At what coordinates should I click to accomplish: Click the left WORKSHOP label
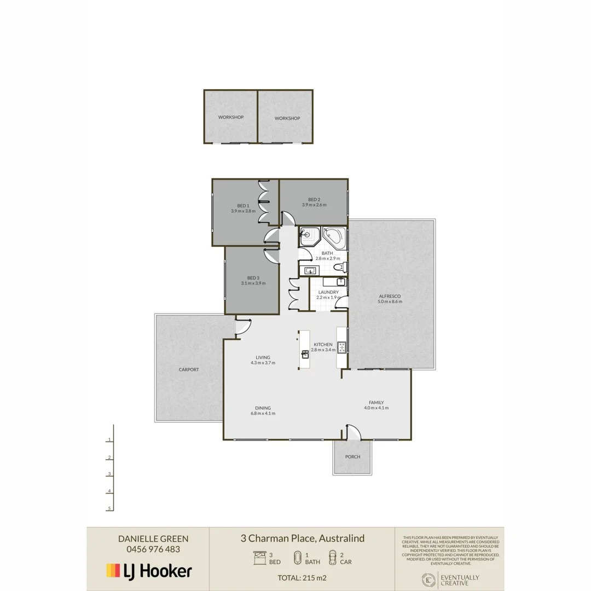pos(230,117)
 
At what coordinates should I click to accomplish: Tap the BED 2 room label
pos(314,199)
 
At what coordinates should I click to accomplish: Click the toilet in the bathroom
pos(339,267)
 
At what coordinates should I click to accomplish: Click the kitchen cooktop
pos(341,346)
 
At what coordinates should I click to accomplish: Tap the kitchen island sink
pos(304,353)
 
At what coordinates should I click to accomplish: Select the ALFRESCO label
pos(390,296)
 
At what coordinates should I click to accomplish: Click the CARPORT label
pos(189,369)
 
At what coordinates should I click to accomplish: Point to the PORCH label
pos(352,456)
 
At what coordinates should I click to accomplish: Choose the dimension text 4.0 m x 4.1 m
pos(376,408)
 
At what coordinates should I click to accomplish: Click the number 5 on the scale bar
pos(110,508)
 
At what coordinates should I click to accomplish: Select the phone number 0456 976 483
pos(149,549)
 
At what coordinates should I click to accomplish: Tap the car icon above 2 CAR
pos(332,558)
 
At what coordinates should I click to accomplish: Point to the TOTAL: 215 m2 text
pos(302,577)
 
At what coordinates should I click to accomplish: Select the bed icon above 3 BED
pos(259,558)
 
